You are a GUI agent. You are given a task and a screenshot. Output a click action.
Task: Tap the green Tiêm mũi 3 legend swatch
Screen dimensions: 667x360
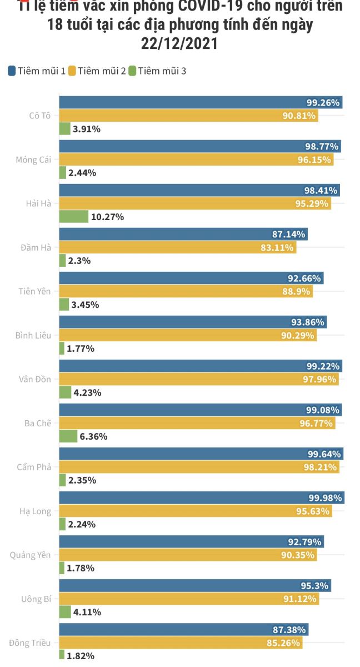point(132,71)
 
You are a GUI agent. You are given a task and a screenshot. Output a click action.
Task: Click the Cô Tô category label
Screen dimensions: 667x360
point(40,116)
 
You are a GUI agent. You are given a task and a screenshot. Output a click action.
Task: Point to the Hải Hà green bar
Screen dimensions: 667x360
point(73,217)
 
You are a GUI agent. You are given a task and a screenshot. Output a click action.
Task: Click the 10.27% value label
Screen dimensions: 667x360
point(107,217)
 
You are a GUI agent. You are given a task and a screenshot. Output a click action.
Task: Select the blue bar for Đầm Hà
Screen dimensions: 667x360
point(183,235)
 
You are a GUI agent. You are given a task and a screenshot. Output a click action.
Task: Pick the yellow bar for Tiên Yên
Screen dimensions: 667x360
point(186,291)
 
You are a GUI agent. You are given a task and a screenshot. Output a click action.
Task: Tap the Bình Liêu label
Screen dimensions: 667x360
point(34,335)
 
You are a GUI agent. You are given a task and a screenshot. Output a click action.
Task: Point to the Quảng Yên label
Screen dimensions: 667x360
point(31,555)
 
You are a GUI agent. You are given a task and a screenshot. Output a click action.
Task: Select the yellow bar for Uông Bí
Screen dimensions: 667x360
point(189,599)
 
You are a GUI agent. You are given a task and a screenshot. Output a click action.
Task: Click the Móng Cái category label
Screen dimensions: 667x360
point(33,160)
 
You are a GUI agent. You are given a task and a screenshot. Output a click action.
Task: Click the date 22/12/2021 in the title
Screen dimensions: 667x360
point(179,42)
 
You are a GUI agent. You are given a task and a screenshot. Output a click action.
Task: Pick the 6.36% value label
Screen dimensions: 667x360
point(93,436)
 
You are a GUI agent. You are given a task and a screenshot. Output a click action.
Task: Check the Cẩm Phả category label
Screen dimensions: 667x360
point(34,467)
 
